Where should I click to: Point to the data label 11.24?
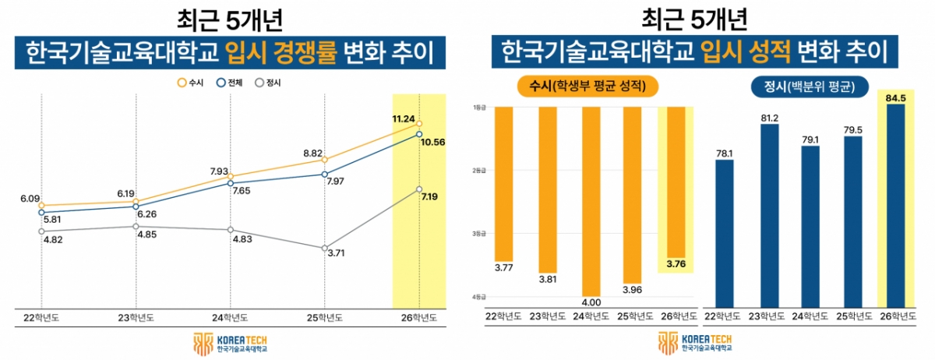click(x=404, y=118)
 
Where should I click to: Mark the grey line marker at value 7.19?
click(x=419, y=189)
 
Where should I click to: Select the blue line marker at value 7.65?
click(x=230, y=183)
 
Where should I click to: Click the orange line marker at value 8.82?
click(x=324, y=160)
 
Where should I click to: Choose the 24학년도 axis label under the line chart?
click(x=230, y=317)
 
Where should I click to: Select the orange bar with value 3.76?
click(x=675, y=183)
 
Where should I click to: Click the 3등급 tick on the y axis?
click(x=478, y=234)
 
